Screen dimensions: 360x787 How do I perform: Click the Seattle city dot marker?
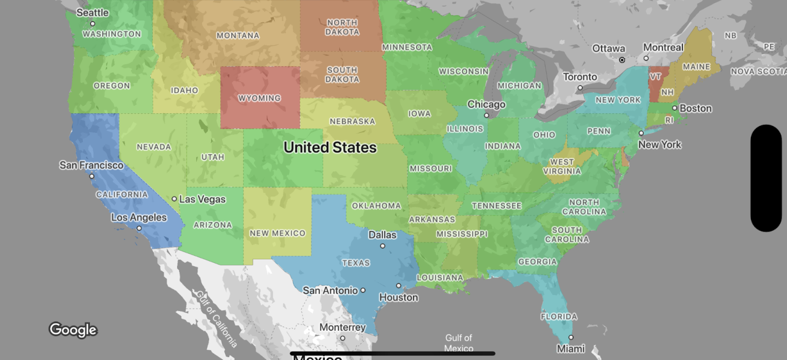pyautogui.click(x=93, y=24)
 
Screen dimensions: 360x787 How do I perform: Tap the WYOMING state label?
pyautogui.click(x=259, y=98)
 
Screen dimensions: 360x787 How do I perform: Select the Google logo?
pyautogui.click(x=73, y=330)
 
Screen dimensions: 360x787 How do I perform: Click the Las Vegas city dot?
pyautogui.click(x=174, y=199)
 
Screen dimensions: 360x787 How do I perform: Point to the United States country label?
pyautogui.click(x=330, y=148)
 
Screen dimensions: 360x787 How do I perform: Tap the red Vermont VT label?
pyautogui.click(x=655, y=77)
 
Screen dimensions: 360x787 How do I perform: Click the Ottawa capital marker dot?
pyautogui.click(x=622, y=60)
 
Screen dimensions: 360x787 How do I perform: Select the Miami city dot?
pyautogui.click(x=571, y=337)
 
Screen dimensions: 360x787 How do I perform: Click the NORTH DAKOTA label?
pyautogui.click(x=342, y=27)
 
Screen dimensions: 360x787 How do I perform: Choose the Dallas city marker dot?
pyautogui.click(x=382, y=246)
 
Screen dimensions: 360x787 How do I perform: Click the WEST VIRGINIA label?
pyautogui.click(x=562, y=167)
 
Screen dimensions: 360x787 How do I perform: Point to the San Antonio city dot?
pyautogui.click(x=363, y=290)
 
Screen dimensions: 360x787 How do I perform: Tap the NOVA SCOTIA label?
pyautogui.click(x=758, y=72)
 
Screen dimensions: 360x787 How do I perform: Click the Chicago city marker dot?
pyautogui.click(x=486, y=115)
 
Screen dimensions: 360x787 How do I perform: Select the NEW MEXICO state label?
pyautogui.click(x=278, y=233)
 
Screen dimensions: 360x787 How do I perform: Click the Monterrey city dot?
pyautogui.click(x=342, y=338)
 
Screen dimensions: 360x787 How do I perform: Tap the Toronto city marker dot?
pyautogui.click(x=580, y=88)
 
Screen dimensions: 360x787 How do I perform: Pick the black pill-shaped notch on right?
pyautogui.click(x=766, y=178)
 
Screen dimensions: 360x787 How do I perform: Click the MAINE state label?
pyautogui.click(x=696, y=67)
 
